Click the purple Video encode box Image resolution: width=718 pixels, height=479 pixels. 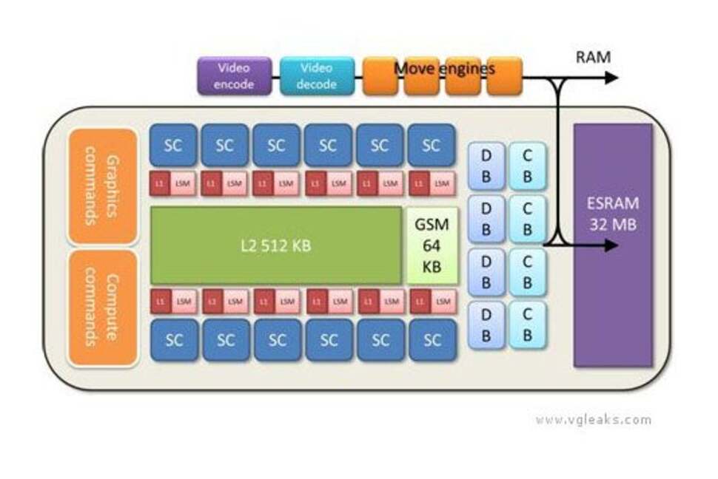(234, 76)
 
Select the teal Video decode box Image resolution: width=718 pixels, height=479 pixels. (317, 76)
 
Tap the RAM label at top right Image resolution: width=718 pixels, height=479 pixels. (594, 56)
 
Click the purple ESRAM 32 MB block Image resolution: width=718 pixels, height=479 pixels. (613, 245)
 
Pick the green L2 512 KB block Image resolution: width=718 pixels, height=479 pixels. (276, 245)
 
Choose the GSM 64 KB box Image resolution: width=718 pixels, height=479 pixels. (432, 245)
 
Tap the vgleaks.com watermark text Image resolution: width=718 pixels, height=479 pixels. (594, 420)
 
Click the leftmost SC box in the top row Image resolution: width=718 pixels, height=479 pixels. (173, 145)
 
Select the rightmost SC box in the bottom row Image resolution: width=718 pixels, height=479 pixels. (432, 340)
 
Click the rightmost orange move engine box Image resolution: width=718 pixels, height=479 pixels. (504, 76)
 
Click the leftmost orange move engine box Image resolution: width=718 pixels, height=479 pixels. (380, 76)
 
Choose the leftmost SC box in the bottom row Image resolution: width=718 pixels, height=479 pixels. (173, 340)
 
